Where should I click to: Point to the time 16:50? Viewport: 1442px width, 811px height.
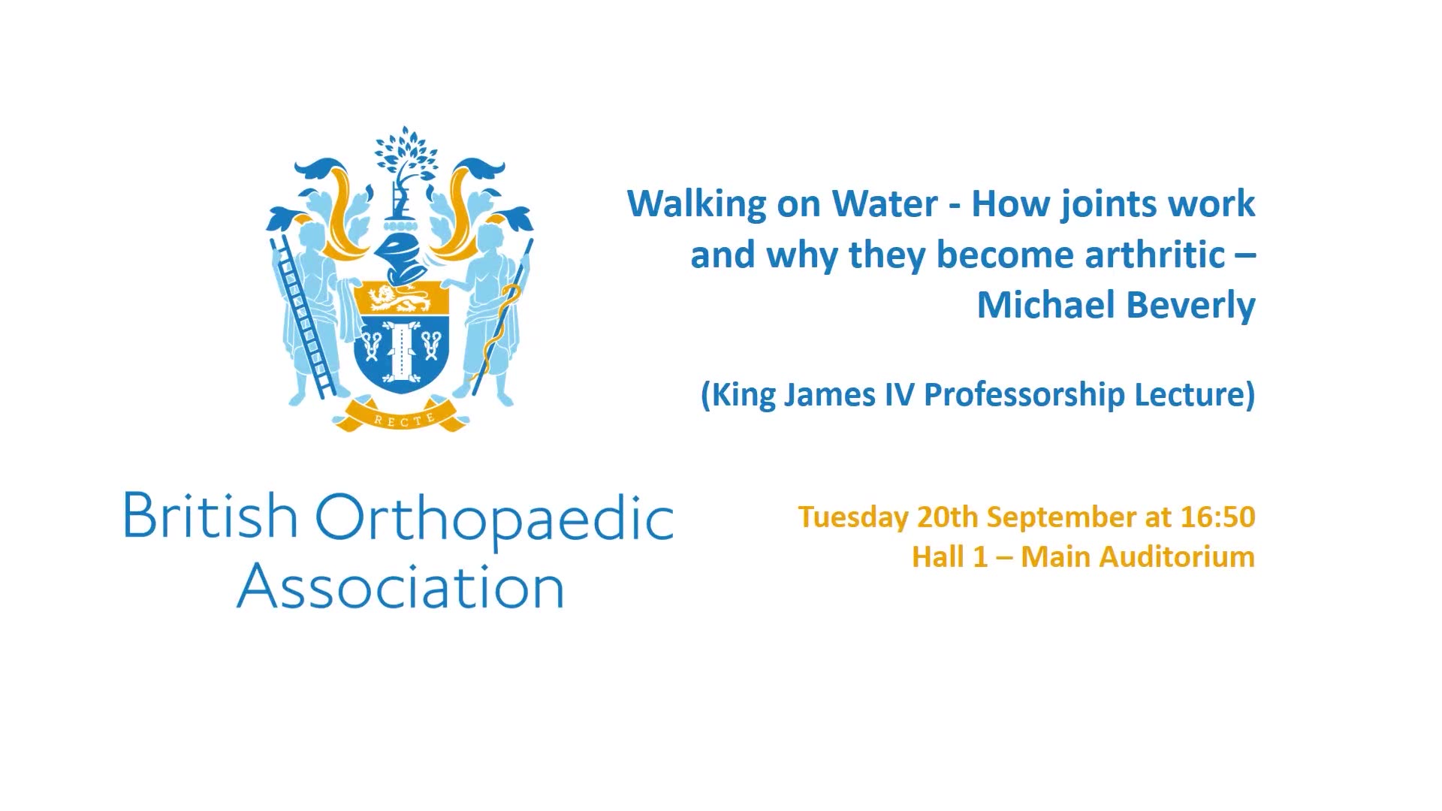[1217, 517]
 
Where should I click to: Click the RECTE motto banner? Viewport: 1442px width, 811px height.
[404, 418]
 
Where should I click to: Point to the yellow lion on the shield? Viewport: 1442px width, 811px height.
[400, 299]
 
